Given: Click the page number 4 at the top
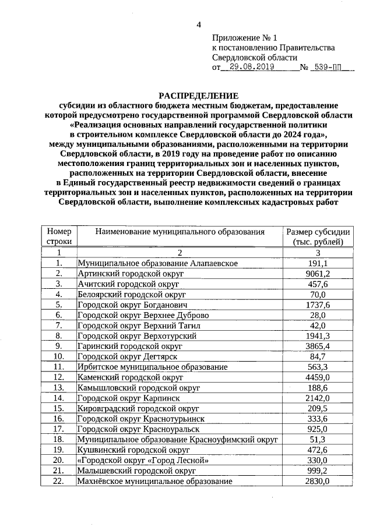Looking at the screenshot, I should [199, 24].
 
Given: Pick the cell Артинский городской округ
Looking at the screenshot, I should [128, 274].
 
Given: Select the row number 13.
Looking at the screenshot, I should [59, 388].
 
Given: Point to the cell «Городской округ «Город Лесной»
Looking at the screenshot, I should [142, 460].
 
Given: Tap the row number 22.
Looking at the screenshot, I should [59, 481].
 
